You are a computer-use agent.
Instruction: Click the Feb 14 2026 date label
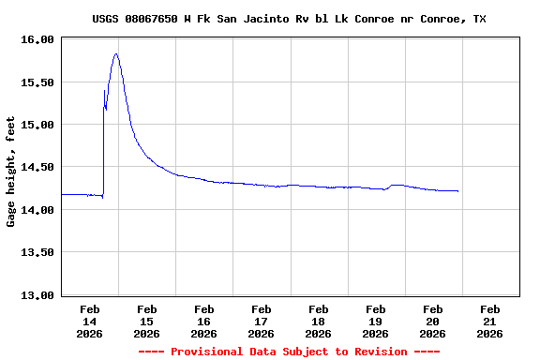click(x=90, y=321)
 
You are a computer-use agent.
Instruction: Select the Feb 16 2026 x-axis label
click(x=203, y=321)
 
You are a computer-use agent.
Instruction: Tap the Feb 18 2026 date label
click(x=318, y=321)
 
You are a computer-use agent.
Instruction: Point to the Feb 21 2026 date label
click(x=489, y=321)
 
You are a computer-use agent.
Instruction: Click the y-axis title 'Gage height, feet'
click(x=11, y=172)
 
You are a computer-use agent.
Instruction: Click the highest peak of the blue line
click(x=115, y=53)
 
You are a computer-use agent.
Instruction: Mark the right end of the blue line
click(x=458, y=191)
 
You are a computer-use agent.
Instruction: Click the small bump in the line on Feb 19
click(x=397, y=185)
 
